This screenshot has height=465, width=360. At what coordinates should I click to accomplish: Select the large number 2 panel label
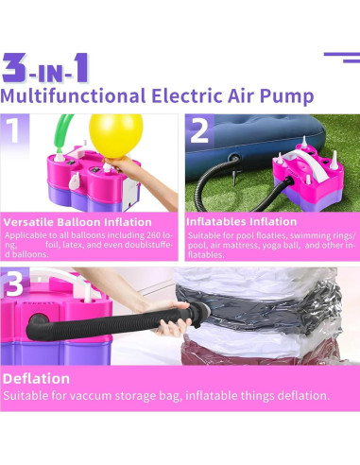tap(198, 130)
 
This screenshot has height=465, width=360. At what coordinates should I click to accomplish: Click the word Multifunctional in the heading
tap(72, 95)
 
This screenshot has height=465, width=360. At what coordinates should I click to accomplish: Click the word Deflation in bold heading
tap(37, 378)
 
